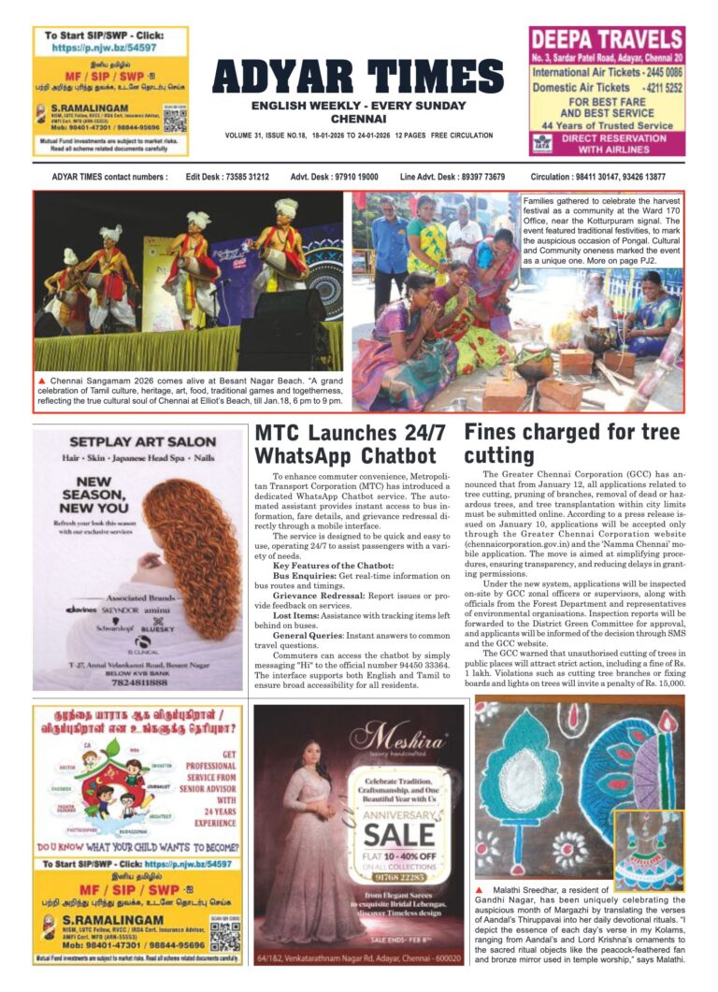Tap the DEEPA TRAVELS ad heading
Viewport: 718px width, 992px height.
[x=607, y=39]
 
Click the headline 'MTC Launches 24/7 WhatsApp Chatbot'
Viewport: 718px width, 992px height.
[x=350, y=444]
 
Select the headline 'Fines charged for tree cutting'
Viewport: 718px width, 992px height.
[x=571, y=443]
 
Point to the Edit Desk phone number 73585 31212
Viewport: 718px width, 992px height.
[x=240, y=177]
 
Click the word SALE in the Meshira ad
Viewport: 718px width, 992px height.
[x=399, y=834]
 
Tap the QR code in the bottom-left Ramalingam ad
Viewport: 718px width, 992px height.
[x=219, y=935]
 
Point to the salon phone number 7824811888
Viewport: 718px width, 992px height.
[x=138, y=682]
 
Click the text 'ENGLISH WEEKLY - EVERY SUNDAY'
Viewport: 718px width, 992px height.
[x=358, y=105]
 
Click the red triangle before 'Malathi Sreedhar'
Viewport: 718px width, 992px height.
[x=480, y=887]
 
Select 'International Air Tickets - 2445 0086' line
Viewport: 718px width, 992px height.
[x=607, y=72]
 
